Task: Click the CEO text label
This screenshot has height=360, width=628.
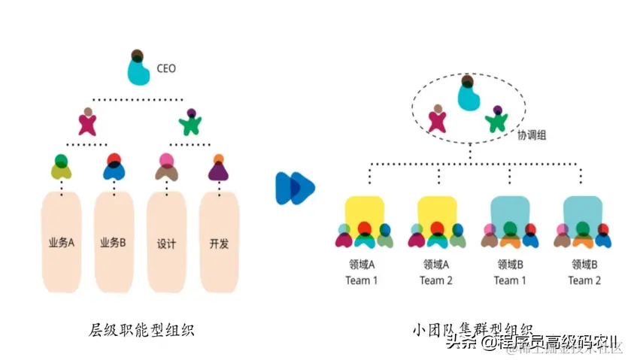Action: (x=166, y=68)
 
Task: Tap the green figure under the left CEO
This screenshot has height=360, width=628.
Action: (x=191, y=122)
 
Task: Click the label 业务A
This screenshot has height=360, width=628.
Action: (x=62, y=243)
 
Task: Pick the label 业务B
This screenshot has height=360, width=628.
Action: (x=114, y=243)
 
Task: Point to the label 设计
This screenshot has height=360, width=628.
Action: (x=166, y=243)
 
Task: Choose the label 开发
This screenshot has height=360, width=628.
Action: (x=218, y=243)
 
